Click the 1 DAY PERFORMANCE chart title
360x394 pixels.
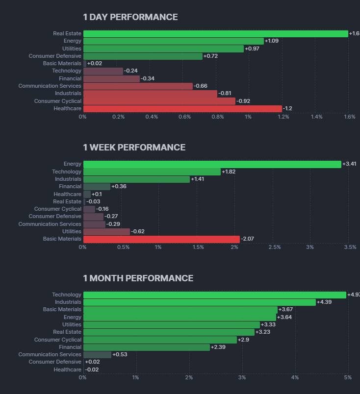tap(130, 17)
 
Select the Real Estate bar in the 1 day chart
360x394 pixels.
tap(215, 33)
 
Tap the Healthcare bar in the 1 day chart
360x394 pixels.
tap(182, 108)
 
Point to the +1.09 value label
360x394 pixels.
tap(272, 41)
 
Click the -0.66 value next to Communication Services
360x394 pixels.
tap(201, 86)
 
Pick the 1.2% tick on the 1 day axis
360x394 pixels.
tap(283, 117)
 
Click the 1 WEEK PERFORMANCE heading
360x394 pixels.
tap(134, 148)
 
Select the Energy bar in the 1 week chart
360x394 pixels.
tap(212, 164)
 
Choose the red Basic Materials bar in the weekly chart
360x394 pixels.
tap(161, 239)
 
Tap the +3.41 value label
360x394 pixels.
tap(349, 164)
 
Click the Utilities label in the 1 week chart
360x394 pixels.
tap(72, 231)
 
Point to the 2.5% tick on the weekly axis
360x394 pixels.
tap(275, 247)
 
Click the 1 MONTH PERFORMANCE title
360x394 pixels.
tap(138, 278)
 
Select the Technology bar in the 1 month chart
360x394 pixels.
tap(214, 295)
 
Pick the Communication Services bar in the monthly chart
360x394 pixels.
tap(97, 354)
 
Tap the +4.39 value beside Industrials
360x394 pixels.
tap(324, 302)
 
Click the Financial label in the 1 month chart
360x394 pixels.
tap(70, 347)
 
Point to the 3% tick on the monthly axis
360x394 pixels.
tap(242, 377)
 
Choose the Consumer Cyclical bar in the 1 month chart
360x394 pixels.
tap(160, 340)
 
